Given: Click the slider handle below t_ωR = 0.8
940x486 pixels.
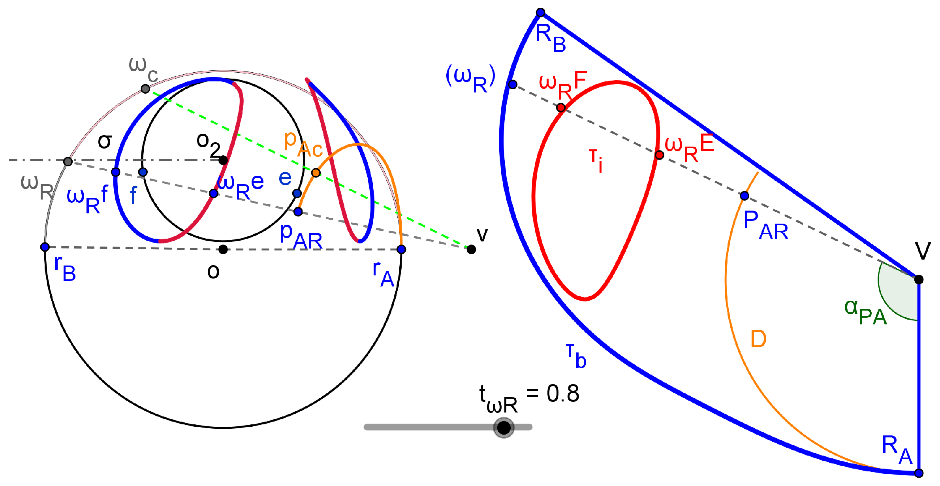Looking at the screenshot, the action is pyautogui.click(x=504, y=427).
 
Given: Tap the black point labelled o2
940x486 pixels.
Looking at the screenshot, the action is pyautogui.click(x=223, y=160).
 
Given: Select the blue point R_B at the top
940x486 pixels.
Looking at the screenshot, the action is pyautogui.click(x=541, y=13).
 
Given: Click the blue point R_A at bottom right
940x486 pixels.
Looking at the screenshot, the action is pyautogui.click(x=919, y=473).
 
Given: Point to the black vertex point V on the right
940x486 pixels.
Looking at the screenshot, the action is pyautogui.click(x=919, y=280).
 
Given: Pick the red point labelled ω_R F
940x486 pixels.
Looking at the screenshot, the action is pyautogui.click(x=561, y=107).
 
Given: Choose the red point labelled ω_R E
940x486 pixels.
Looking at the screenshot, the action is pyautogui.click(x=660, y=155).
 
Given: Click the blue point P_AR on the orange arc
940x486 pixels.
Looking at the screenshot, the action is pyautogui.click(x=744, y=196).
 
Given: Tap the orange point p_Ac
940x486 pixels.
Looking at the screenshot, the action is pyautogui.click(x=316, y=173).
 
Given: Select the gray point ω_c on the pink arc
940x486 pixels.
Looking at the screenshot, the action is pyautogui.click(x=145, y=89).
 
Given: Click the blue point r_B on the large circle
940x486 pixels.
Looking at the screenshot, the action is pyautogui.click(x=45, y=247).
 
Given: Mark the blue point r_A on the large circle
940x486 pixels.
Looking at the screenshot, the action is pyautogui.click(x=401, y=249).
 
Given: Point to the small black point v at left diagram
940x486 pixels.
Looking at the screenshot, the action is pyautogui.click(x=471, y=249).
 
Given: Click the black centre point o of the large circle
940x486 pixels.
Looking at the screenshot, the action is pyautogui.click(x=223, y=249).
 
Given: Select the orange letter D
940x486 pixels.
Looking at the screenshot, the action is pyautogui.click(x=758, y=339).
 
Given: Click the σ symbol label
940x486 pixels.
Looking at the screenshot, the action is pyautogui.click(x=105, y=141).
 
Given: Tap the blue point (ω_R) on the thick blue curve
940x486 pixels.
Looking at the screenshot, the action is pyautogui.click(x=513, y=84).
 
